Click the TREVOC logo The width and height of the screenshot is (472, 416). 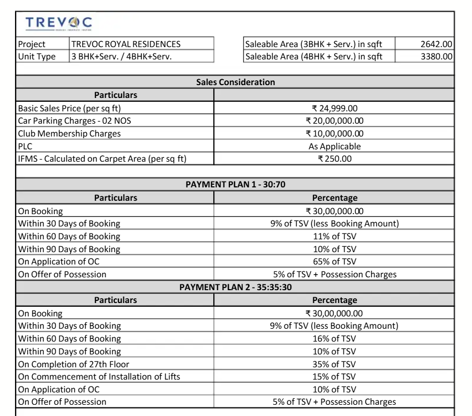58,23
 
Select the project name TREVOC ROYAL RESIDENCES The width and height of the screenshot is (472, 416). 126,44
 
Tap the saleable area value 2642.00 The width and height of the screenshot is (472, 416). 436,44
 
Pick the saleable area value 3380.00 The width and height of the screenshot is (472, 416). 436,57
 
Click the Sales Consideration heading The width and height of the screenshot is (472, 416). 235,82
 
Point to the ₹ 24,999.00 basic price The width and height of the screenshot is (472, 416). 334,108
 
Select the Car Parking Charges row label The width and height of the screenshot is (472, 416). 74,121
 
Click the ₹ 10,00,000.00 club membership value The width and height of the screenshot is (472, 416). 334,134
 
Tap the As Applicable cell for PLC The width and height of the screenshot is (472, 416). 334,146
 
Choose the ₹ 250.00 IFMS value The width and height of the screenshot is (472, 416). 334,159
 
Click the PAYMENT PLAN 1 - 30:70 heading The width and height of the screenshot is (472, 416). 235,185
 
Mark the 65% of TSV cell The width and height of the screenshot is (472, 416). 334,262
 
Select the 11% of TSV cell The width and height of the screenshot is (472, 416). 334,236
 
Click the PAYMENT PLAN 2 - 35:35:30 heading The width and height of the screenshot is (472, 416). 235,288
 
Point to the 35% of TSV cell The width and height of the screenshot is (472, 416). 334,364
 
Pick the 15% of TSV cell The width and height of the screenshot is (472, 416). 334,377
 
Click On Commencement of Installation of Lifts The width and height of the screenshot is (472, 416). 99,377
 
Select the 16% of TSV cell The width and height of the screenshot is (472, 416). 334,338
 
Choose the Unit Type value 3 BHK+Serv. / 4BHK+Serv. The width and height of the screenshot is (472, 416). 122,57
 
